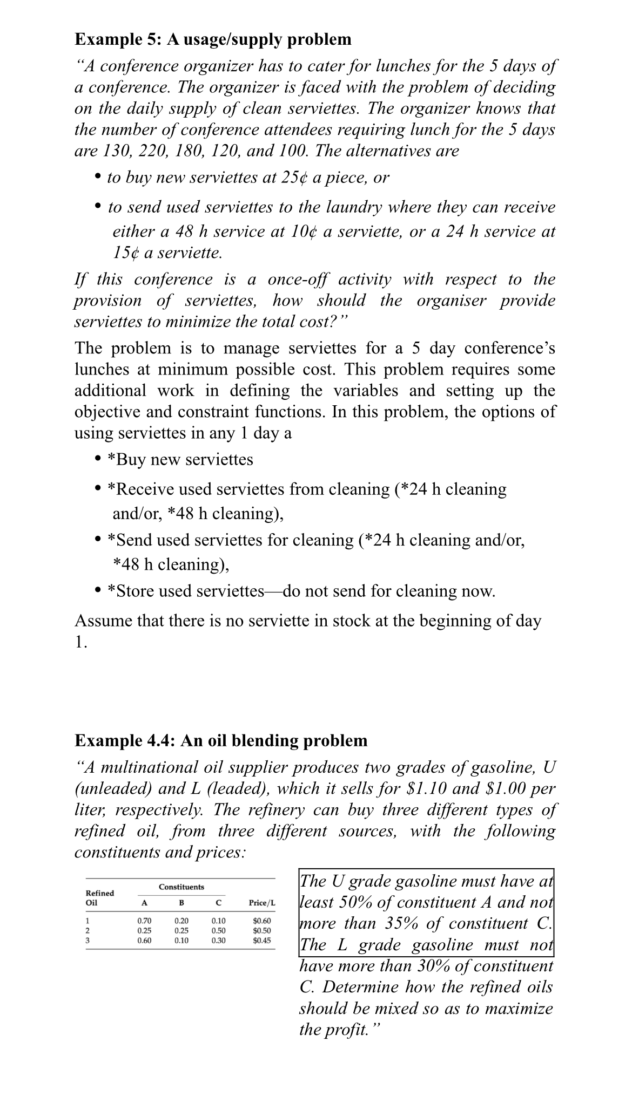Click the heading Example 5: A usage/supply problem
213,39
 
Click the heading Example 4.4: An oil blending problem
220,740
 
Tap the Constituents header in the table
181,887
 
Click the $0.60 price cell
262,921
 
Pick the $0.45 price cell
262,940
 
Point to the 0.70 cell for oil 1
144,921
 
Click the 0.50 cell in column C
218,931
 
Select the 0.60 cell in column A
144,940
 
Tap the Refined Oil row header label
100,897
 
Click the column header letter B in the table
181,902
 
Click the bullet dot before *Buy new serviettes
98,459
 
